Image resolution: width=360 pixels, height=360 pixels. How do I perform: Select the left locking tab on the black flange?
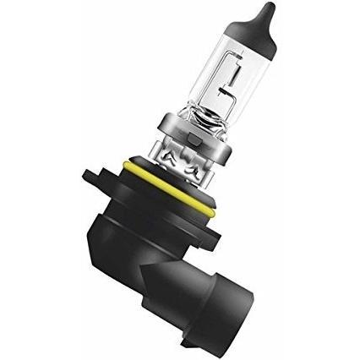[93, 177]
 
